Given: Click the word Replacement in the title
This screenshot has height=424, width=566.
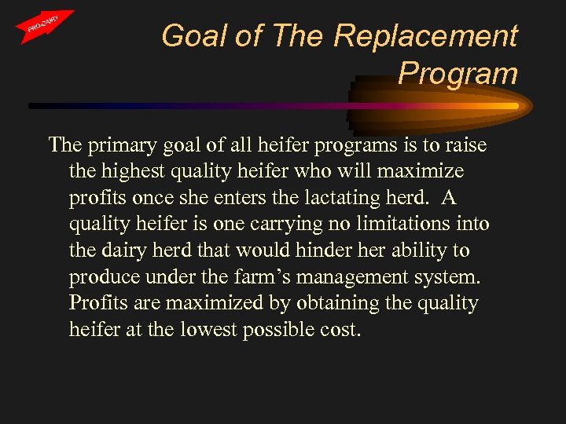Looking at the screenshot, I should click(425, 36).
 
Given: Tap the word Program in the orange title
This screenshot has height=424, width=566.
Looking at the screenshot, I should click(458, 73).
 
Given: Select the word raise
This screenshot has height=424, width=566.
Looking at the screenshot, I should click(465, 144).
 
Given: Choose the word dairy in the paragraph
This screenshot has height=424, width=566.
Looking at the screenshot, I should click(134, 250).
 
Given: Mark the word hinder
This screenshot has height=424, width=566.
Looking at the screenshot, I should click(339, 250).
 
